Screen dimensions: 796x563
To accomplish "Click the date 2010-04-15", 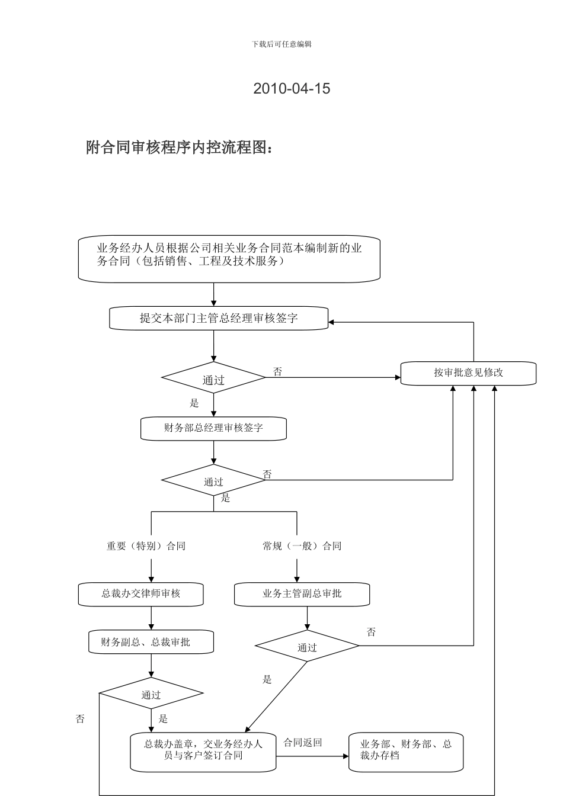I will click(292, 89).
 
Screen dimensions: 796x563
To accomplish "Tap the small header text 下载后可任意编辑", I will click(281, 44).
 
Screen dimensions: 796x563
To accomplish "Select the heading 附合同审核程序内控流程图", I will click(180, 147).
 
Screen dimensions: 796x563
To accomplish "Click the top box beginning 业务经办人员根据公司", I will click(229, 259).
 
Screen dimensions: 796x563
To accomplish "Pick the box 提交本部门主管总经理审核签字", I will click(219, 318).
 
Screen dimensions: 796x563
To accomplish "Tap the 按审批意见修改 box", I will click(468, 373).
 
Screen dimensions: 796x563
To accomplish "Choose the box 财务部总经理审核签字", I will click(213, 428).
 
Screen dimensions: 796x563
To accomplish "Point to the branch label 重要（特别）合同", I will click(146, 546).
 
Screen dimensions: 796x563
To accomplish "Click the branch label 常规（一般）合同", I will click(302, 546).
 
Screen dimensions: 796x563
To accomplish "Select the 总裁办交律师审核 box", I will click(140, 594).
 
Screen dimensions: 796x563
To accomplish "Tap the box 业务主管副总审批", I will click(302, 594).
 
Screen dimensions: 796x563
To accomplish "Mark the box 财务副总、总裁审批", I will click(151, 642).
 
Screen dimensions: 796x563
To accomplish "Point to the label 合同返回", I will click(302, 743).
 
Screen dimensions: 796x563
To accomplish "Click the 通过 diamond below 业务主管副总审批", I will click(307, 646).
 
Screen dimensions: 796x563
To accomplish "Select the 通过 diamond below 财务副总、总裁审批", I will click(151, 694).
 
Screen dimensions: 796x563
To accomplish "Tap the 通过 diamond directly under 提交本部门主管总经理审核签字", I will click(213, 378).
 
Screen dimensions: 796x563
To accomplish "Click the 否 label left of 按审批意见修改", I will click(277, 372).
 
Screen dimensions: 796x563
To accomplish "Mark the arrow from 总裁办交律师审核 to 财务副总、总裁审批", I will click(151, 618).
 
